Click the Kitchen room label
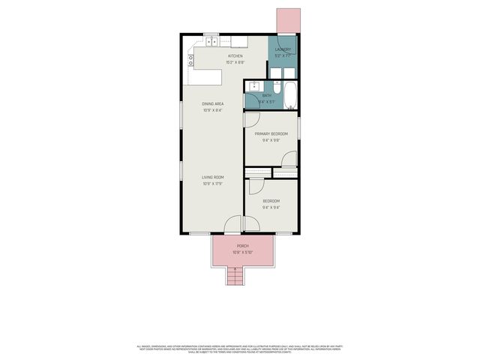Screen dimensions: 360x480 pos(235,56)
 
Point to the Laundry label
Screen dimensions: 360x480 pos(283,49)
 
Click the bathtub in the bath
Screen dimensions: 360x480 pos(291,95)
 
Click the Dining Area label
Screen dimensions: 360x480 pos(212,103)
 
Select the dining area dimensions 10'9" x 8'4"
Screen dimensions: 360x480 pos(212,110)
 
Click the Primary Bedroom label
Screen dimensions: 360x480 pos(270,133)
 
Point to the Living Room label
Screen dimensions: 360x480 pos(212,177)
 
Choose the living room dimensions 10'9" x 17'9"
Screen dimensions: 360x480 pos(212,184)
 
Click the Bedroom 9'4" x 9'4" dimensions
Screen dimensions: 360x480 pos(271,208)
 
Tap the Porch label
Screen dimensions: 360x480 pos(242,246)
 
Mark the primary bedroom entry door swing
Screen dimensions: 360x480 pos(252,118)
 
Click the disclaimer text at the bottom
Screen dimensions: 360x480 pos(240,349)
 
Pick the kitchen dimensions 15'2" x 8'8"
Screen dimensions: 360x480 pos(235,63)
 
